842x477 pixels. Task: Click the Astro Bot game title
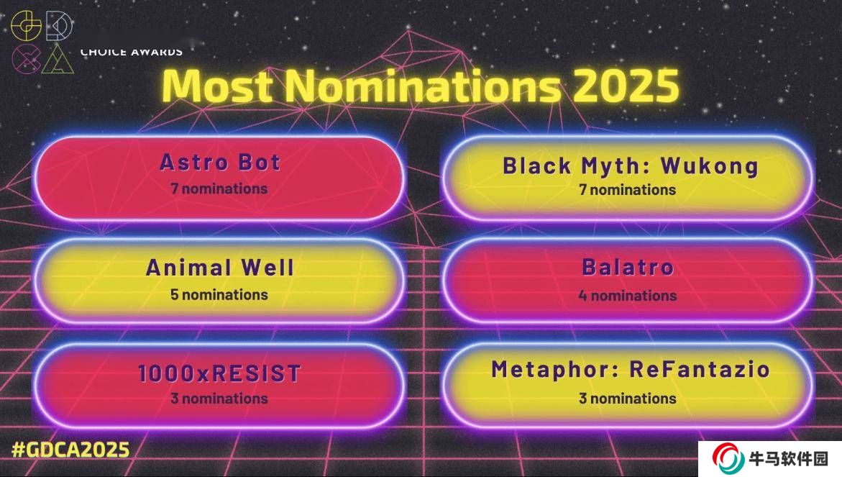pos(220,162)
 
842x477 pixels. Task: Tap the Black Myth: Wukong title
pos(631,166)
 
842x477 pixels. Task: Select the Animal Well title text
pos(219,268)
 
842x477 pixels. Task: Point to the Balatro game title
pos(628,267)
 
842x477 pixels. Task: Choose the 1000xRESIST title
pos(219,374)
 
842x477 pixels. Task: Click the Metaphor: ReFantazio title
pos(631,370)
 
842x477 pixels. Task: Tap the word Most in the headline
pos(217,86)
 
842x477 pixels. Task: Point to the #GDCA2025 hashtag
pos(70,450)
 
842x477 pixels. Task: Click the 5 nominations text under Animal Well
pos(219,294)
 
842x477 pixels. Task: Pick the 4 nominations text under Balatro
pos(628,295)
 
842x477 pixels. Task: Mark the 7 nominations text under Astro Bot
pos(219,188)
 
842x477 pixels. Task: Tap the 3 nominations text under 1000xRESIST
pos(219,399)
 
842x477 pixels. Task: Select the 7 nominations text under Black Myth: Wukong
pos(627,190)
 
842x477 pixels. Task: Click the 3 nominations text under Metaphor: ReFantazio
pos(627,399)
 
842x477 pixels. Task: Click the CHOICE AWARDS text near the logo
pos(132,52)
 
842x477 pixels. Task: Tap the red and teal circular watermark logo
pos(728,458)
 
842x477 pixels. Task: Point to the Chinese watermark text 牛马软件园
pos(788,459)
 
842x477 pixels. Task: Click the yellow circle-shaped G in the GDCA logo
pos(26,25)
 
